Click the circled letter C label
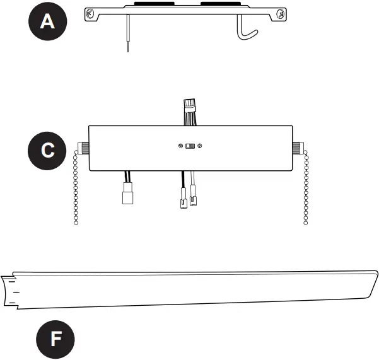(47, 151)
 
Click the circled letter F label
(56, 339)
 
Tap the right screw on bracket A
(278, 13)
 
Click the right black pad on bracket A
(218, 6)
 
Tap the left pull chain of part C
(77, 189)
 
